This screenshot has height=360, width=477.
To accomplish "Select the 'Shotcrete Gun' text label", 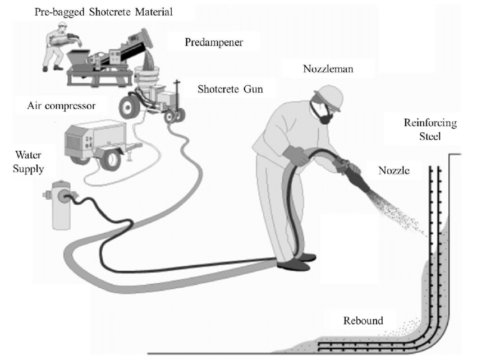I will [230, 89].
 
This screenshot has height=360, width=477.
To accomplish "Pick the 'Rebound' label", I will [364, 321].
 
